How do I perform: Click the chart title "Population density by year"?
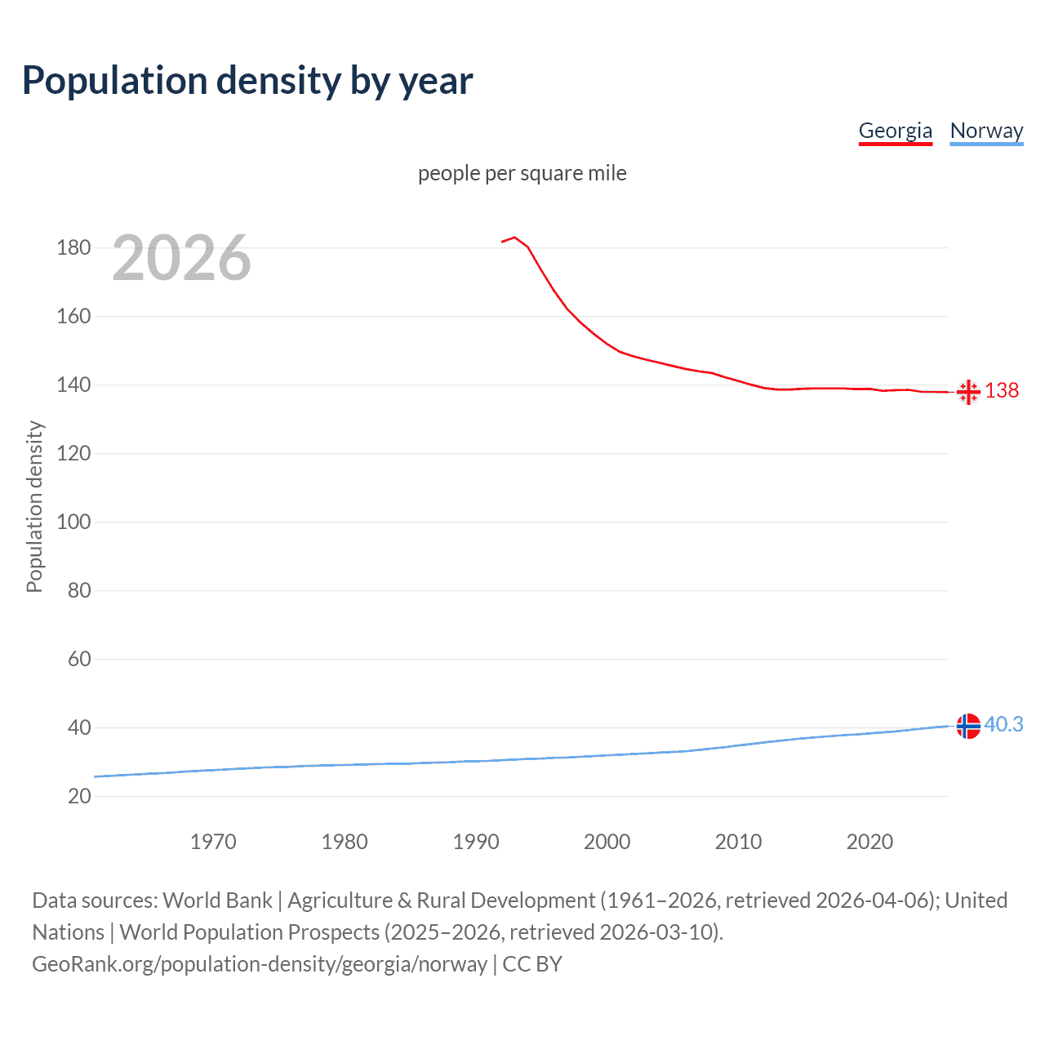click(x=247, y=81)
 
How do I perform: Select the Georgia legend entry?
click(x=895, y=131)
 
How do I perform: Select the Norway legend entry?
click(x=986, y=131)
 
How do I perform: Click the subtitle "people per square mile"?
click(x=522, y=173)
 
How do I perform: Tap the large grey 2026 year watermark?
click(x=181, y=258)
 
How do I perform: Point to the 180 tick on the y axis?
click(x=73, y=247)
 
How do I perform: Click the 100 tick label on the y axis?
click(x=73, y=522)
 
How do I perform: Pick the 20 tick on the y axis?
click(x=79, y=796)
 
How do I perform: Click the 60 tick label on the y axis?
click(x=79, y=659)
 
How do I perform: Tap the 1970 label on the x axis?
click(x=213, y=842)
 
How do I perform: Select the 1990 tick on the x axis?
click(x=476, y=842)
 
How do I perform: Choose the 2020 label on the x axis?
click(x=869, y=842)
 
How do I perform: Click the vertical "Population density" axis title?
click(x=34, y=506)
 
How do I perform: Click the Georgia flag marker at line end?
click(x=968, y=392)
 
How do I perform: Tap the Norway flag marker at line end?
click(x=968, y=726)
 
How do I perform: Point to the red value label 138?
click(x=1002, y=390)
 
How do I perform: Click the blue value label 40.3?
click(x=1003, y=724)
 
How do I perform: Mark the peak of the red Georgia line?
click(x=514, y=238)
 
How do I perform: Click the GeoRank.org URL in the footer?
click(x=260, y=964)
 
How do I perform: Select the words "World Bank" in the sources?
click(x=217, y=900)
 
